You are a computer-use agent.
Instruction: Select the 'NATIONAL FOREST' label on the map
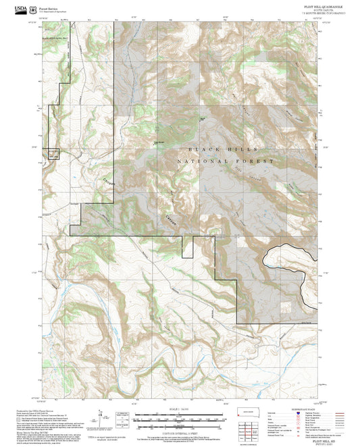225,162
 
